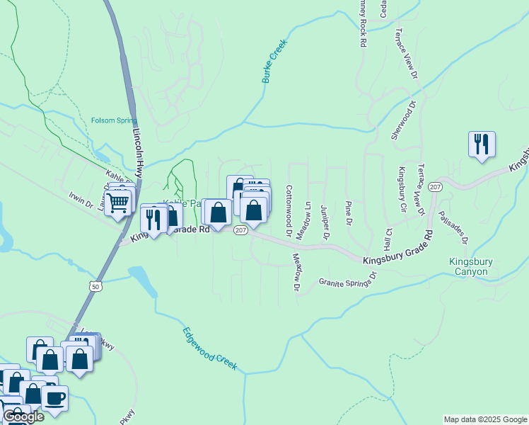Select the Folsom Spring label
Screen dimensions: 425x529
(x=114, y=120)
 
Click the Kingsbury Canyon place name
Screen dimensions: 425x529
(x=468, y=266)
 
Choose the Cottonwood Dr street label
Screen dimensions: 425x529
(x=289, y=211)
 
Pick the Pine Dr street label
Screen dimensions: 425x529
(x=348, y=213)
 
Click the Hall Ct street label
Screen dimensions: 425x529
(x=388, y=242)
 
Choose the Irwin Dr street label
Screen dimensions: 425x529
(x=81, y=200)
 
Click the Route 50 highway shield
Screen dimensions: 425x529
(x=96, y=285)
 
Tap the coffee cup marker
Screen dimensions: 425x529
(x=54, y=397)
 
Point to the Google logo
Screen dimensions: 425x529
(x=23, y=416)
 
